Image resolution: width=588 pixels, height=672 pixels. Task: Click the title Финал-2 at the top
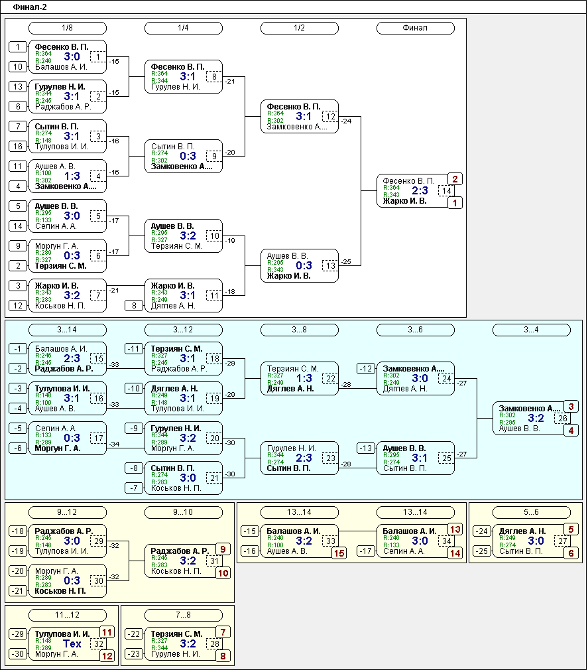click(x=30, y=7)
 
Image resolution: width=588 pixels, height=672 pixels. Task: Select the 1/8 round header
click(x=67, y=28)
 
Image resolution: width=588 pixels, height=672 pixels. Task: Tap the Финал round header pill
click(x=415, y=28)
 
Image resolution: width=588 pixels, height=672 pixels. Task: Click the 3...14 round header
click(x=67, y=330)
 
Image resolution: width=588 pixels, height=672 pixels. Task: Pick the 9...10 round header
click(x=184, y=511)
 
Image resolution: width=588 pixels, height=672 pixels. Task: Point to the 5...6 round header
click(x=532, y=511)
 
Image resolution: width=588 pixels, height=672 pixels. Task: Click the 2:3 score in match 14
click(x=420, y=190)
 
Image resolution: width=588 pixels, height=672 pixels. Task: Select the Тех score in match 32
click(x=72, y=643)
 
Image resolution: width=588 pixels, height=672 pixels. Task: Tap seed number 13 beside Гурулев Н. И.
click(x=18, y=87)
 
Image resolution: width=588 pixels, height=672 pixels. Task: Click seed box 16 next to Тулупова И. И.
click(x=18, y=147)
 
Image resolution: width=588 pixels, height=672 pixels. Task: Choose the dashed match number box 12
click(x=330, y=117)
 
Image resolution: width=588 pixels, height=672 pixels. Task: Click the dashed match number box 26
click(x=562, y=419)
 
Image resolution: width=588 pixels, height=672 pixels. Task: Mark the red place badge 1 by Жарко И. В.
click(x=455, y=203)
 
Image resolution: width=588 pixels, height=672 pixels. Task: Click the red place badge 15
click(x=339, y=553)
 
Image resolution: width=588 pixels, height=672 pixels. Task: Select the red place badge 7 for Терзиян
click(x=223, y=632)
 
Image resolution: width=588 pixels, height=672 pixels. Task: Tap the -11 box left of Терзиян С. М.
click(x=134, y=349)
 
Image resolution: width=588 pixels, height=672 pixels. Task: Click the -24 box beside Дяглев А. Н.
click(x=482, y=531)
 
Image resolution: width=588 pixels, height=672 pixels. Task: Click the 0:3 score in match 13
click(x=304, y=266)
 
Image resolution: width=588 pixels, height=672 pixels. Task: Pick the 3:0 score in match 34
click(x=420, y=541)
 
